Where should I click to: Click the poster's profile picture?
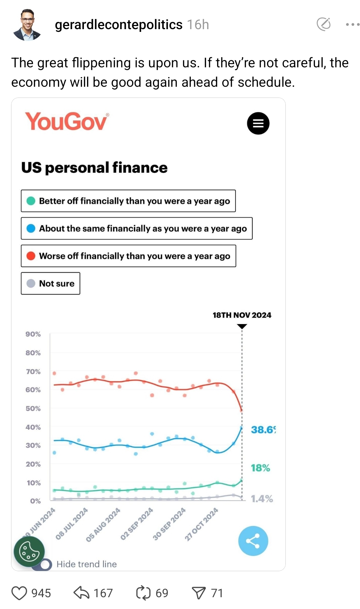[x=27, y=25]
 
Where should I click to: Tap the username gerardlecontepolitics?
[x=119, y=25]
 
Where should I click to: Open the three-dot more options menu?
[x=352, y=25]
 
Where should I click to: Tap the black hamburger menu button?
[x=258, y=124]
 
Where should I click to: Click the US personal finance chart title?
[x=94, y=168]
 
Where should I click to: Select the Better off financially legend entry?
[x=128, y=201]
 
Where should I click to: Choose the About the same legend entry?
[x=137, y=228]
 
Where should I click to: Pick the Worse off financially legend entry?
[x=128, y=256]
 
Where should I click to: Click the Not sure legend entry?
[x=51, y=284]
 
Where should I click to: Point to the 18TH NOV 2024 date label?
[x=242, y=315]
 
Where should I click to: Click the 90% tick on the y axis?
[x=33, y=334]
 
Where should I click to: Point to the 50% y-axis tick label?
[x=33, y=408]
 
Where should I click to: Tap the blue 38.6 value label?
[x=263, y=430]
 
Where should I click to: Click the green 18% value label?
[x=260, y=468]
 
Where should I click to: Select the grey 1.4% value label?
[x=262, y=499]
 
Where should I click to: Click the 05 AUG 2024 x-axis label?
[x=103, y=524]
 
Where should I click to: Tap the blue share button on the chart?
[x=253, y=541]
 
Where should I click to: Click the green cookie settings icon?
[x=29, y=551]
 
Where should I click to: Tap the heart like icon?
[x=19, y=593]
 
